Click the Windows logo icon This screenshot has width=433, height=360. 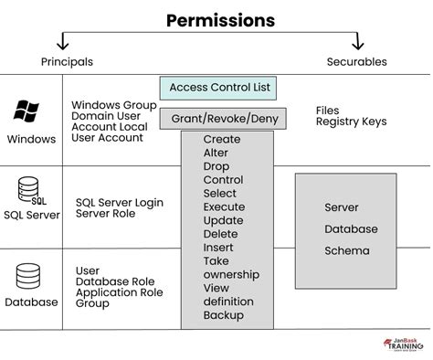(x=26, y=111)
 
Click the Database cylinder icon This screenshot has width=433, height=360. (x=27, y=275)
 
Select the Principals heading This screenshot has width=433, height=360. (x=67, y=62)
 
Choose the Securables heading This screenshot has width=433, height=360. (x=357, y=62)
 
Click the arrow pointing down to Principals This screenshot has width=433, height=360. (x=62, y=40)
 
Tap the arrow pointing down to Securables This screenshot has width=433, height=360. (x=357, y=40)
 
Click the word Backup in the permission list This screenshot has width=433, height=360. (x=224, y=315)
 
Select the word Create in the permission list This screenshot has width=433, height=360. (x=222, y=140)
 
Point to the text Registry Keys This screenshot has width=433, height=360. (x=351, y=122)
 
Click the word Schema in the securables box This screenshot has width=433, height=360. (x=347, y=250)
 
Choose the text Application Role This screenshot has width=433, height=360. (x=118, y=292)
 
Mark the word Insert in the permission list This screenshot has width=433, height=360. (x=218, y=248)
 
